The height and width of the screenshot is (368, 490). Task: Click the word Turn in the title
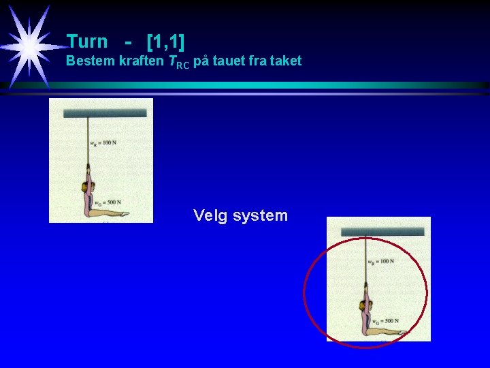(x=87, y=41)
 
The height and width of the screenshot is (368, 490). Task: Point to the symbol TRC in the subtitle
(x=178, y=63)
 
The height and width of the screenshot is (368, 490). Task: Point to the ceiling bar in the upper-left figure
(x=105, y=112)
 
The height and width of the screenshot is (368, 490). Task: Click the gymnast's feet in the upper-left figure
(x=124, y=213)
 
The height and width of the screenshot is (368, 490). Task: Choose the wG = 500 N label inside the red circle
(x=385, y=321)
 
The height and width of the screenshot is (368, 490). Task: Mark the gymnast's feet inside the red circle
(x=402, y=332)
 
